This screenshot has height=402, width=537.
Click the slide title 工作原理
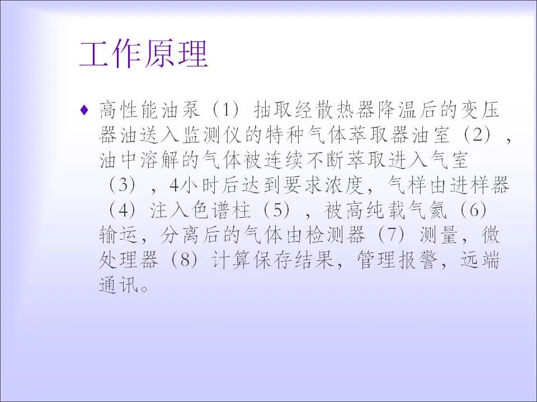click(144, 55)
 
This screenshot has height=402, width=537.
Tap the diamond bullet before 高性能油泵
click(84, 110)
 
